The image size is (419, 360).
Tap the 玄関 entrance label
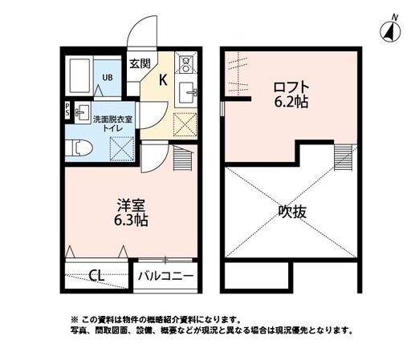pos(140,63)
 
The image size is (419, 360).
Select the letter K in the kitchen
pos(162,79)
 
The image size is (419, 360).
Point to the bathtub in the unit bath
pos(79,76)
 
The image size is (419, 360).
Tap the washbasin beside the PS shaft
pos(81,112)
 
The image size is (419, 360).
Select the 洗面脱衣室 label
pos(114,119)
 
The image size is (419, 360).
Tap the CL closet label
pos(96,276)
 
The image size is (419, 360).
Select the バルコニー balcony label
pos(165,276)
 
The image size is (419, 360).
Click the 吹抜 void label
pos(292,212)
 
